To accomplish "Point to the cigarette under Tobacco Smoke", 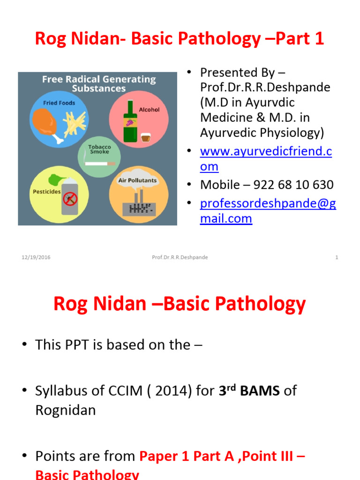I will point(99,164).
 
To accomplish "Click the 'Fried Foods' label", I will point(59,103).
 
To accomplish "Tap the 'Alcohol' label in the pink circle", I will point(149,110).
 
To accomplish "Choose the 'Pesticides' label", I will point(46,192).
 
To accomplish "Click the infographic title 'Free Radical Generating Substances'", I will point(98,83).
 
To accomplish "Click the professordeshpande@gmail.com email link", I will point(268,211).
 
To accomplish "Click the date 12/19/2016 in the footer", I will point(36,257).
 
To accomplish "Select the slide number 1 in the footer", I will point(337,257).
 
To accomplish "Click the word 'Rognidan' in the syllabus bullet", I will point(65,410).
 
